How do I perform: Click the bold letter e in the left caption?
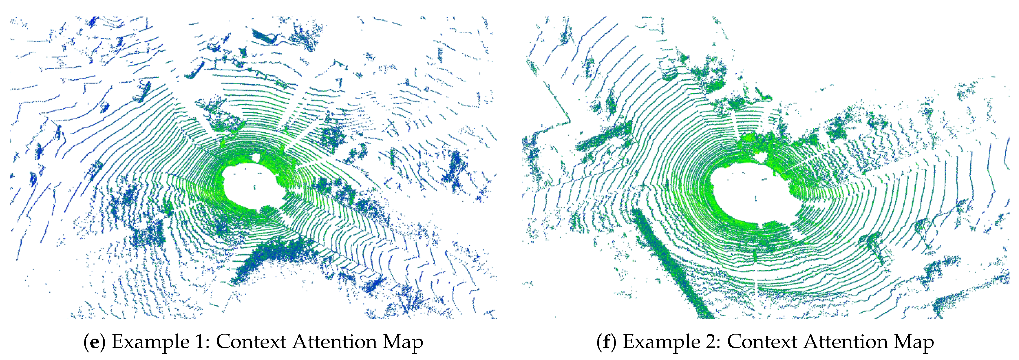(94, 342)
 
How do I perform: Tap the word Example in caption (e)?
(150, 342)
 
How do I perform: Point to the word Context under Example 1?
(251, 342)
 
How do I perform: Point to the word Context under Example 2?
(762, 342)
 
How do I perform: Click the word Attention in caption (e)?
(334, 342)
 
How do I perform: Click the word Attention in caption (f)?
(846, 342)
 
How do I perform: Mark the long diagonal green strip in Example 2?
(669, 261)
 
